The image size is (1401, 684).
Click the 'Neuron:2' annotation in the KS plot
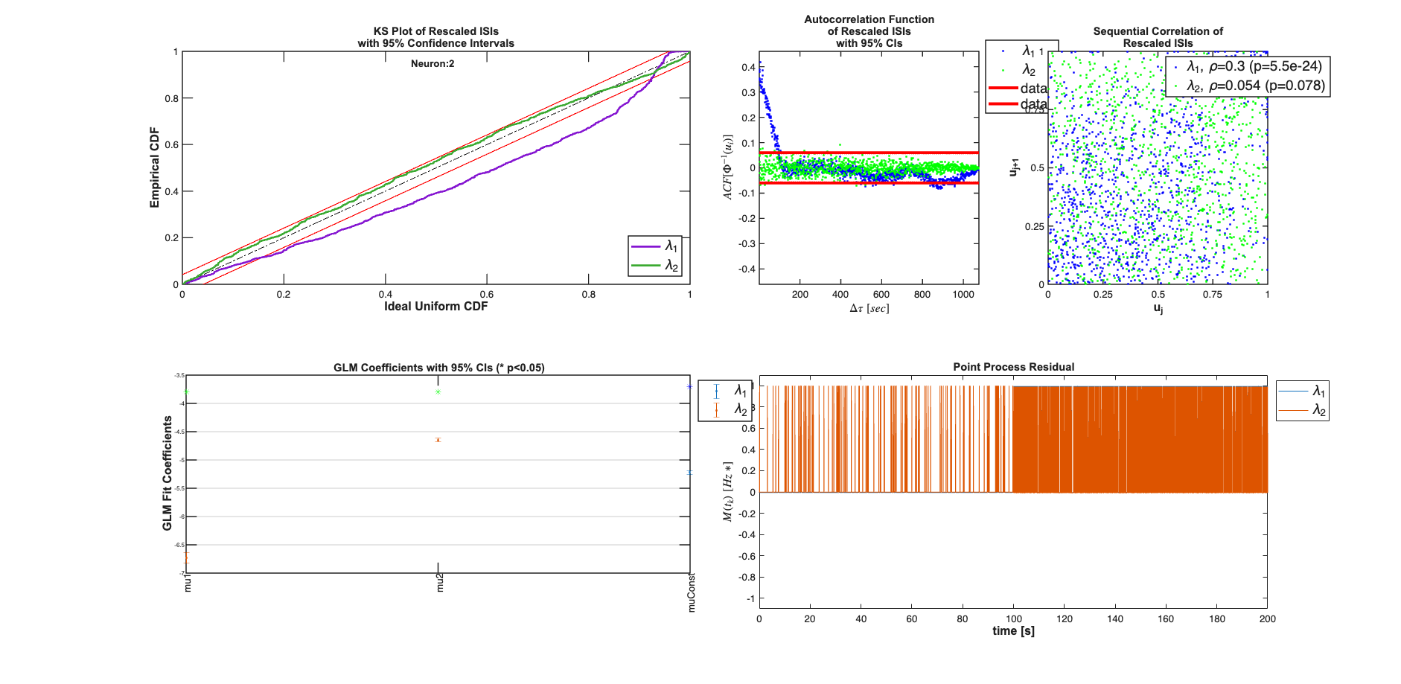pyautogui.click(x=433, y=64)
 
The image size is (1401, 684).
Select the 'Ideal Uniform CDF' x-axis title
pyautogui.click(x=435, y=307)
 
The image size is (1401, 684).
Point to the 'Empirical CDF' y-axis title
pyautogui.click(x=155, y=167)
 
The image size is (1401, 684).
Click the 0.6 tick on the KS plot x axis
pyautogui.click(x=487, y=295)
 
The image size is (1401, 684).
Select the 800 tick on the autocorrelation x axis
pyautogui.click(x=922, y=295)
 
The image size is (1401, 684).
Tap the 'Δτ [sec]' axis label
pyautogui.click(x=869, y=308)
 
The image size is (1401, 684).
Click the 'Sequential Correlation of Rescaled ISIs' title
pyautogui.click(x=1158, y=37)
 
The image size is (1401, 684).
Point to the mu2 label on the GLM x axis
pyautogui.click(x=440, y=583)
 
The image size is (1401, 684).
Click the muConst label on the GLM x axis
pyautogui.click(x=692, y=592)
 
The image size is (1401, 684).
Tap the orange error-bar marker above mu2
pyautogui.click(x=438, y=440)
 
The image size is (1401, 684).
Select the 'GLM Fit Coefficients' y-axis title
pyautogui.click(x=167, y=473)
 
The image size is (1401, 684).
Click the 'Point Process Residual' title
pyautogui.click(x=1013, y=367)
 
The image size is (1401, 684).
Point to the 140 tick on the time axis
pyautogui.click(x=1115, y=619)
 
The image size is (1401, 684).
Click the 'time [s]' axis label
pyautogui.click(x=1013, y=631)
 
